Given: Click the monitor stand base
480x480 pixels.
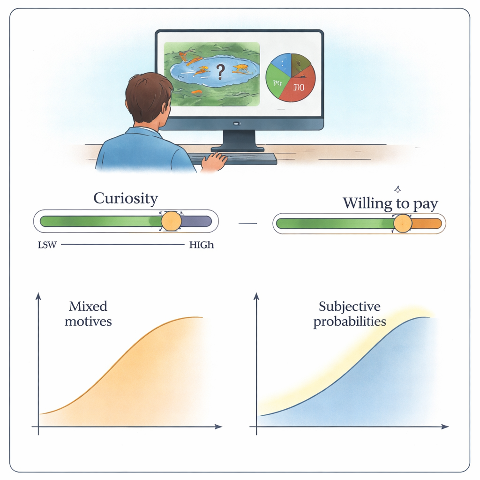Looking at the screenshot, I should [237, 149].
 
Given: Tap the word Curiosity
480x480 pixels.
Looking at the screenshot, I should [126, 198].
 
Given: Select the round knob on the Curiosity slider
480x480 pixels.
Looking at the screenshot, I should [171, 221].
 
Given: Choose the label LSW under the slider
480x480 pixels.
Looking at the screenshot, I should [47, 245].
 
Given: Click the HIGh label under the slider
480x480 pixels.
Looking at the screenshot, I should [201, 245].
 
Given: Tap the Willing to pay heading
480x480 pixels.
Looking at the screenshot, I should [390, 203].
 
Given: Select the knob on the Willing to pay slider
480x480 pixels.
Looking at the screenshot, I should [402, 224].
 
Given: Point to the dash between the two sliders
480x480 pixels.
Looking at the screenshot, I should [247, 223].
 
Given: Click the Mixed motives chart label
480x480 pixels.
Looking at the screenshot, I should [88, 314].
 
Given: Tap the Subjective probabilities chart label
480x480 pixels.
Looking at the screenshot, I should [350, 314].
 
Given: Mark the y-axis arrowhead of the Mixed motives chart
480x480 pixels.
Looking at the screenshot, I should [38, 296].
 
